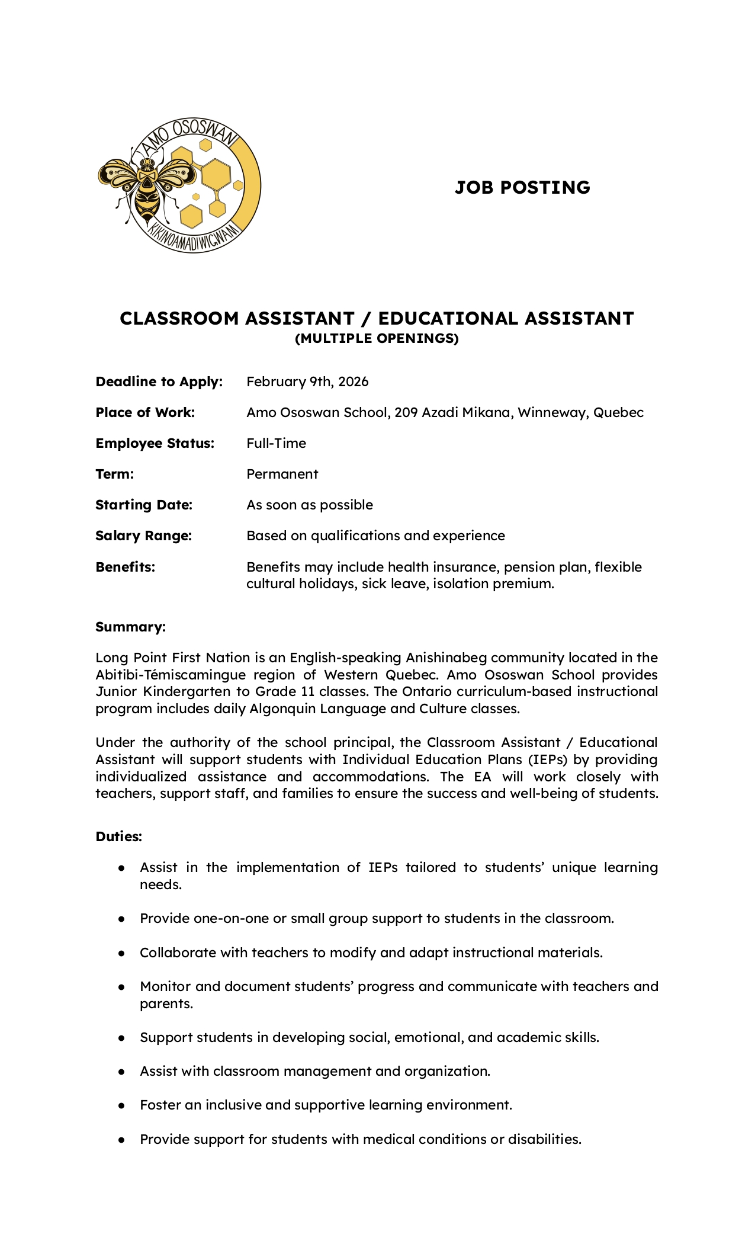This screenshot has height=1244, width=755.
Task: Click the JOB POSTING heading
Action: coord(522,187)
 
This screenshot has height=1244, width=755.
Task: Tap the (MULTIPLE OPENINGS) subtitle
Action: coord(377,338)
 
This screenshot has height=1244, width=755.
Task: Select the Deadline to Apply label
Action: coord(159,381)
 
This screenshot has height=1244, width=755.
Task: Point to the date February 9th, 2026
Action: coord(307,381)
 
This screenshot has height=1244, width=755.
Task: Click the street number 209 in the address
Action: coord(406,412)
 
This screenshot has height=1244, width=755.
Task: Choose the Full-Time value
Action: coord(276,443)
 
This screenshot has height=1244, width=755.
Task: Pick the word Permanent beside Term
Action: coord(282,474)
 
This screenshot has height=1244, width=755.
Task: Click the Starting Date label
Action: coord(144,505)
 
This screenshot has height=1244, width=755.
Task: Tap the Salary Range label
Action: coord(143,536)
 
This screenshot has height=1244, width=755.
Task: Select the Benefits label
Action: coord(125,567)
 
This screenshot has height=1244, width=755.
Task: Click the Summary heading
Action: coord(130,627)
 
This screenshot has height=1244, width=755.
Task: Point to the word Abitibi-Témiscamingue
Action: coord(171,675)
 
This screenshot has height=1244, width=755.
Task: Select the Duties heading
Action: coord(118,836)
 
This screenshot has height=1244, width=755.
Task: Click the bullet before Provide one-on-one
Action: coord(121,919)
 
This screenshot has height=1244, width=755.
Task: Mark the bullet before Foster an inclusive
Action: coord(121,1105)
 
